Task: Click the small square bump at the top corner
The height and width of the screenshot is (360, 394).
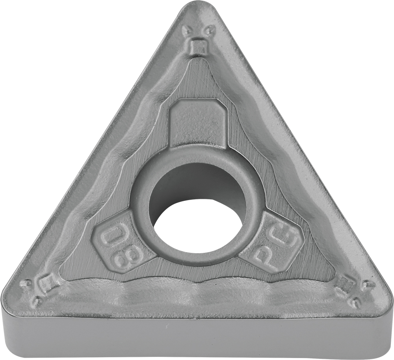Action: (x=197, y=46)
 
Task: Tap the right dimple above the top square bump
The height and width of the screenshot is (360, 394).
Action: (x=208, y=31)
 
